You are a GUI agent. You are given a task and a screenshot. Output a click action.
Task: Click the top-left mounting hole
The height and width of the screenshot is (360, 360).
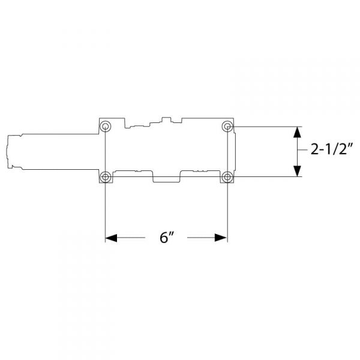point(106,127)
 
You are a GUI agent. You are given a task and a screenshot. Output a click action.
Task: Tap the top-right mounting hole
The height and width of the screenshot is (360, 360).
point(227,127)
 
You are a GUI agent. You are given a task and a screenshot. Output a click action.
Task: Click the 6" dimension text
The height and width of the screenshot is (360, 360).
point(166,238)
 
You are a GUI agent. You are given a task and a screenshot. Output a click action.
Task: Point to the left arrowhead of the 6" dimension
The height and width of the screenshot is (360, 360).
point(111,238)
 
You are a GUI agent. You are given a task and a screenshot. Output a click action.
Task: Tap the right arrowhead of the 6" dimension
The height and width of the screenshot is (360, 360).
point(221,238)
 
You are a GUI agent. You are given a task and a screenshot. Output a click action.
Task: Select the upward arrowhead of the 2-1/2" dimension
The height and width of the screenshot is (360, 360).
point(296,133)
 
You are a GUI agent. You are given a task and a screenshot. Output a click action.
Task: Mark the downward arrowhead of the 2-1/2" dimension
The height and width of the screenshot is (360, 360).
point(296,171)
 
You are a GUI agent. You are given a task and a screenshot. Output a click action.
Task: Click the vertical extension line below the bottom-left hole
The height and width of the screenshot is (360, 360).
point(106,210)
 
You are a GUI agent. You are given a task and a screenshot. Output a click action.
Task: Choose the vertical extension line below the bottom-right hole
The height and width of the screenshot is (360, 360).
point(227,210)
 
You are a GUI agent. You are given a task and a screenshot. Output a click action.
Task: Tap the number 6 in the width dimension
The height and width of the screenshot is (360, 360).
point(164,238)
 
